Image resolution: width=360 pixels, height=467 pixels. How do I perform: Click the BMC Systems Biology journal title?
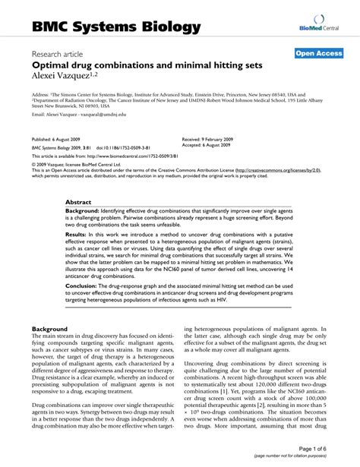(x=116, y=28)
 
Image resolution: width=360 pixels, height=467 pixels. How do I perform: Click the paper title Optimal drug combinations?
(x=147, y=65)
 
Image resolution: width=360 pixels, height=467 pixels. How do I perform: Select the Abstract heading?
(x=78, y=202)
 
